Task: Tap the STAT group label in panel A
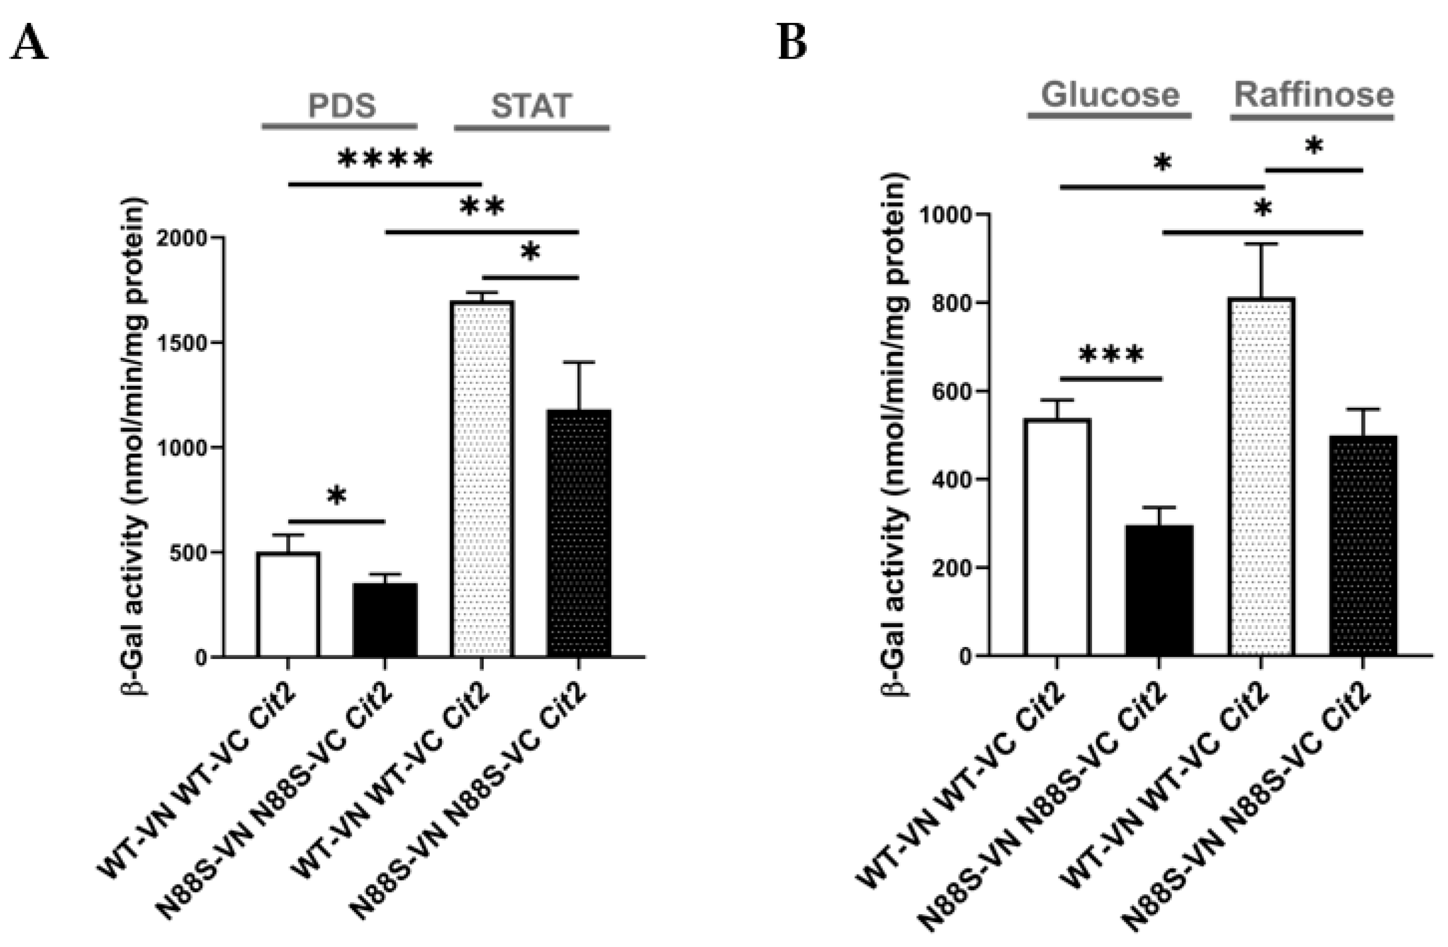531,106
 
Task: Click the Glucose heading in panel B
1110,94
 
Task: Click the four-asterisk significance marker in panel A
385,159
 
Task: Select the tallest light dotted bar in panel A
482,481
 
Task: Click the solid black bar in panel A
385,620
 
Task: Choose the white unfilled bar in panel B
1057,538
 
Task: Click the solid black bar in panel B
1159,590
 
